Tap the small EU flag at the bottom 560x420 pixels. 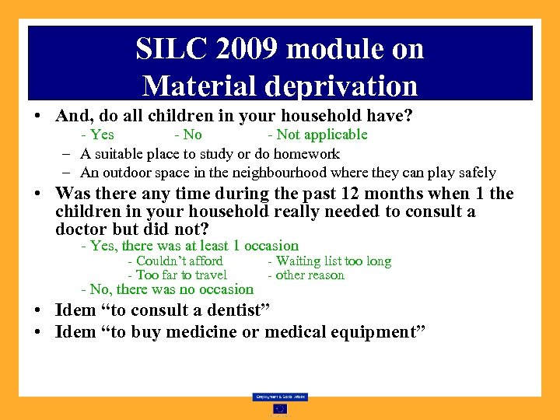(279, 409)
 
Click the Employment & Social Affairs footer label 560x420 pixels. (279, 397)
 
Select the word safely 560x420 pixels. (474, 173)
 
